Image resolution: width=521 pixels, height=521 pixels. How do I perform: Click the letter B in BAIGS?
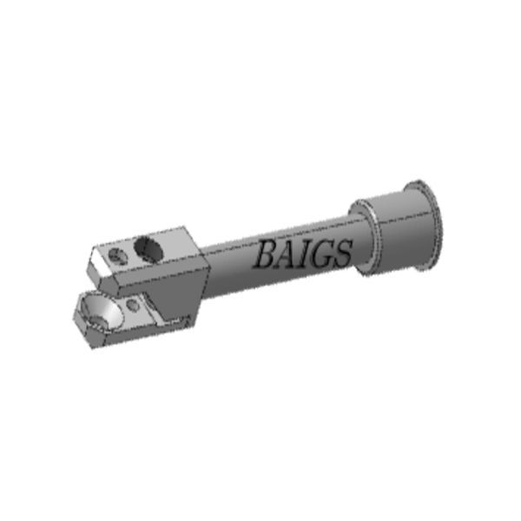tap(263, 254)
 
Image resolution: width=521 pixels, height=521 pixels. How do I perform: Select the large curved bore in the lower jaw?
tap(98, 311)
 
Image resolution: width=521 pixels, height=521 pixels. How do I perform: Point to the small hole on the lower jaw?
tap(132, 307)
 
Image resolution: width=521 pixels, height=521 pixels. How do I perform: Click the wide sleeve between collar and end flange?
tap(395, 233)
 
